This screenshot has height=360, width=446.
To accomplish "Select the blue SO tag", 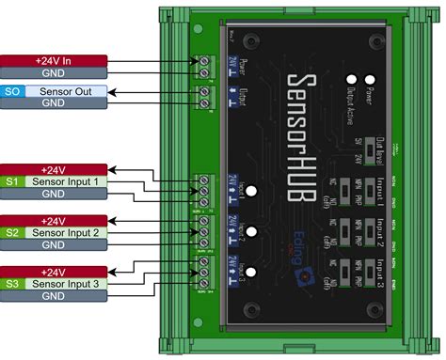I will click(x=11, y=91).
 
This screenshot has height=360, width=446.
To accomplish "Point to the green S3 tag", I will click(x=11, y=283).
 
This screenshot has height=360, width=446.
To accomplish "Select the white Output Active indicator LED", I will click(x=350, y=80).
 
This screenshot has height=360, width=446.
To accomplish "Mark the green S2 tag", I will click(x=11, y=231).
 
